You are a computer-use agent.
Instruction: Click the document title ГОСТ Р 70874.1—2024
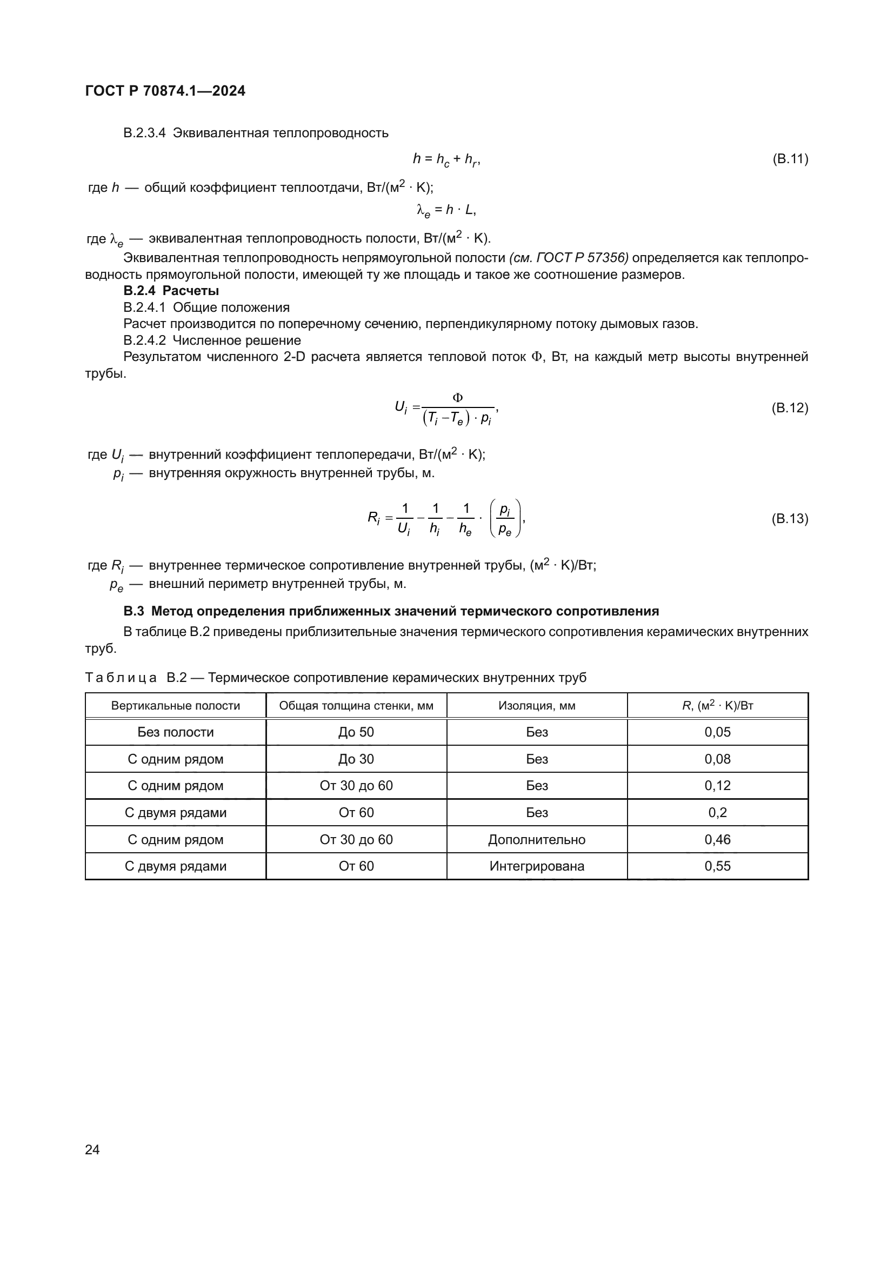tap(165, 91)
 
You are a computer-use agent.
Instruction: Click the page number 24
tap(92, 1149)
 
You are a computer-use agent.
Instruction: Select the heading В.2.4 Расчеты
tap(171, 291)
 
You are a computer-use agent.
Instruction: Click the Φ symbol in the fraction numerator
tap(457, 397)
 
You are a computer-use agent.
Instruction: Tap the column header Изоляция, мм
tap(537, 706)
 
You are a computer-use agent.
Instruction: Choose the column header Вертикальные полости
tap(176, 706)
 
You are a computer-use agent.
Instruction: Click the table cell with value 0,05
tap(717, 732)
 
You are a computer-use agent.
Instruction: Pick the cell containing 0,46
tap(717, 840)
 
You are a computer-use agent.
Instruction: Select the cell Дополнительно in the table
tap(537, 840)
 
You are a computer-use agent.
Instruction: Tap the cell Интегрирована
tap(537, 866)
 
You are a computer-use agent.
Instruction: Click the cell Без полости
tap(176, 732)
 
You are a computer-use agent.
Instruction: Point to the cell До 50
tap(356, 732)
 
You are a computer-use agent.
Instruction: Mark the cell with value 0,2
tap(717, 813)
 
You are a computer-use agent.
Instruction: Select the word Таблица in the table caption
tap(121, 678)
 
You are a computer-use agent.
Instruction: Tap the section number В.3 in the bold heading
tap(133, 611)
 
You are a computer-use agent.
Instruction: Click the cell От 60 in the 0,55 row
tap(356, 866)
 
